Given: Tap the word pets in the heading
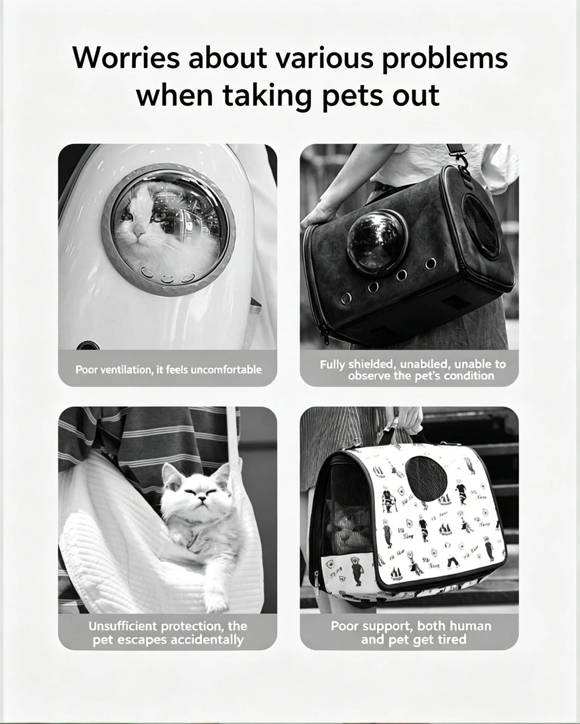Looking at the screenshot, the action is tap(355, 96).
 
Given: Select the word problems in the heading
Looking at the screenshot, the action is tap(445, 59).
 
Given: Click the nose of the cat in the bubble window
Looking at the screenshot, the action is tap(139, 230).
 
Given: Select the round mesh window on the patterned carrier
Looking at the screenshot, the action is tap(427, 479).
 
